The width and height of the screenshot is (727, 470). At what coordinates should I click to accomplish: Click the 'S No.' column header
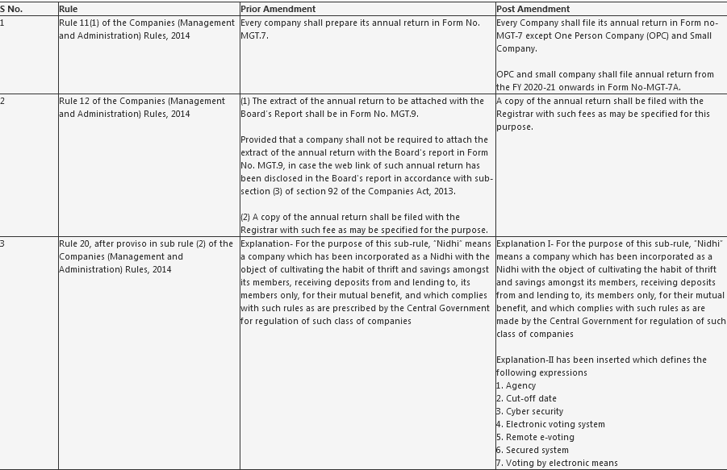[11, 9]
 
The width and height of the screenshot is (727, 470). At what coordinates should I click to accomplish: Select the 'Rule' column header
[69, 9]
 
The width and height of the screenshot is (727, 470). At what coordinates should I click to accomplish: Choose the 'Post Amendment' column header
[533, 9]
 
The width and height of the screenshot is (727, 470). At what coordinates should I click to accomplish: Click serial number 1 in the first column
[2, 23]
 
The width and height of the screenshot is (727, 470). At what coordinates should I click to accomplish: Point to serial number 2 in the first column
[2, 101]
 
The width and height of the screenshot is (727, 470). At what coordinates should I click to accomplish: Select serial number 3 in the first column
[2, 243]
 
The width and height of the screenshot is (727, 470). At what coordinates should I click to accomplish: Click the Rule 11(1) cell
[147, 29]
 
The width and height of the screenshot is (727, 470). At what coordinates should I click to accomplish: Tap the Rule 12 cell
[142, 107]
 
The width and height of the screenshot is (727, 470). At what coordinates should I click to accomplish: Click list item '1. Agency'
[516, 385]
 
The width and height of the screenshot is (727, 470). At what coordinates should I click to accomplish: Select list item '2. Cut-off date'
[526, 398]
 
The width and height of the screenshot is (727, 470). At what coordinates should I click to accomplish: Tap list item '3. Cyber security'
[529, 411]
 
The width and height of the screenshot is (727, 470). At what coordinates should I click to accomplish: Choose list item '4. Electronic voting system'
[550, 424]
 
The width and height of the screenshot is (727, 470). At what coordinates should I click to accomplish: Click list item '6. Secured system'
[533, 450]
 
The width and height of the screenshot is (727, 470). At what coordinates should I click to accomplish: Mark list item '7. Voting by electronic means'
[557, 463]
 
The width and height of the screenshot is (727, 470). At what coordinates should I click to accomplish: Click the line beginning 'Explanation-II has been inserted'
[601, 360]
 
